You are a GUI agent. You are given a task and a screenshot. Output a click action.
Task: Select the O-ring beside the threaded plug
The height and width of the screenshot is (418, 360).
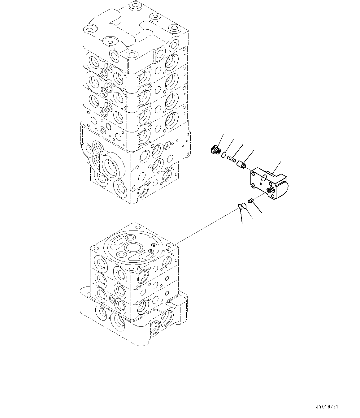click(x=224, y=155)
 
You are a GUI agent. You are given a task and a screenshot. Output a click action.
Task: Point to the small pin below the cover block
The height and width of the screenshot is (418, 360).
click(x=251, y=201)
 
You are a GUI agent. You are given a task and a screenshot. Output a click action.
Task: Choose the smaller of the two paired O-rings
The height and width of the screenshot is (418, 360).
click(x=240, y=207)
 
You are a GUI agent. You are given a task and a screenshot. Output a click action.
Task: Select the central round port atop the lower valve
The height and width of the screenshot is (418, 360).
click(x=133, y=248)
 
